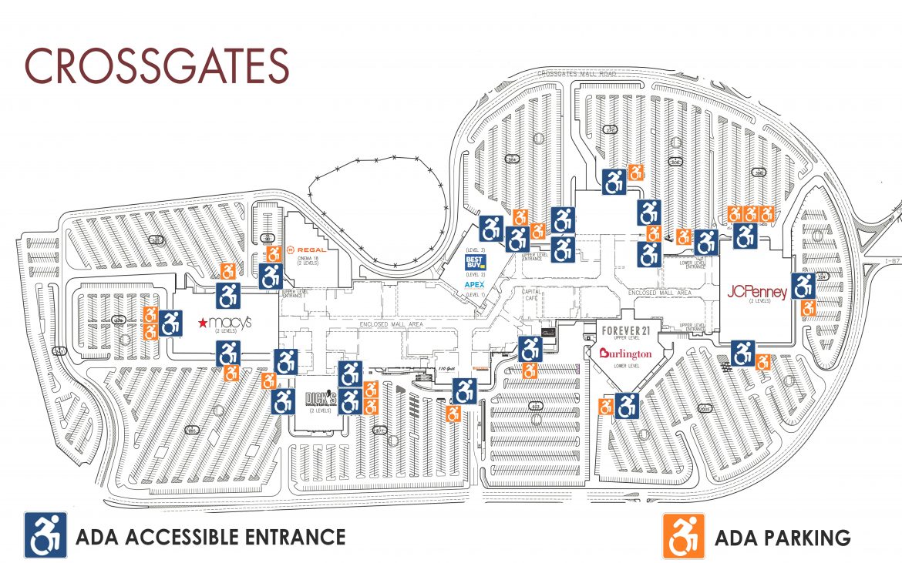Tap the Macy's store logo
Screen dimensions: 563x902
224,323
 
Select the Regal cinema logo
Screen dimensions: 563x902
307,250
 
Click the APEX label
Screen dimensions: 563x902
474,285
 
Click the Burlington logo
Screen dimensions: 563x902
625,354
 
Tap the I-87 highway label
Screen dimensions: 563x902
892,262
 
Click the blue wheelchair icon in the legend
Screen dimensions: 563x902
46,535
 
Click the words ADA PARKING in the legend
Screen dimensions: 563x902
783,537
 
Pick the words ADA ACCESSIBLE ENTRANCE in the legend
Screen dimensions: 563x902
210,536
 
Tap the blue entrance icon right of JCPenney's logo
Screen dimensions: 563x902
803,286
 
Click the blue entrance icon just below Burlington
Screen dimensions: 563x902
628,405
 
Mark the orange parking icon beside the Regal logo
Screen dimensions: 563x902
274,254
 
